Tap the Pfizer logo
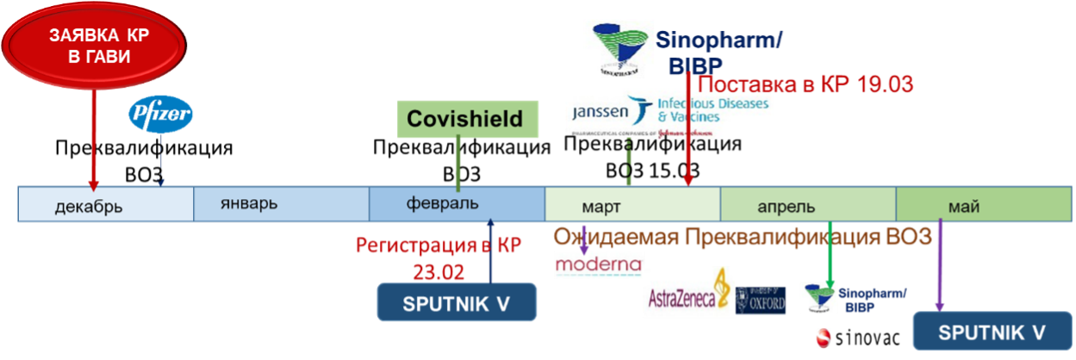[161, 115]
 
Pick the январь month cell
[281, 204]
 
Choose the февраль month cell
[457, 204]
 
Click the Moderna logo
[599, 264]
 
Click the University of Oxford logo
[762, 300]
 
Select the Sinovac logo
[857, 338]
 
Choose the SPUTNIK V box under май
[992, 332]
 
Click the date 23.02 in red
[439, 271]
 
